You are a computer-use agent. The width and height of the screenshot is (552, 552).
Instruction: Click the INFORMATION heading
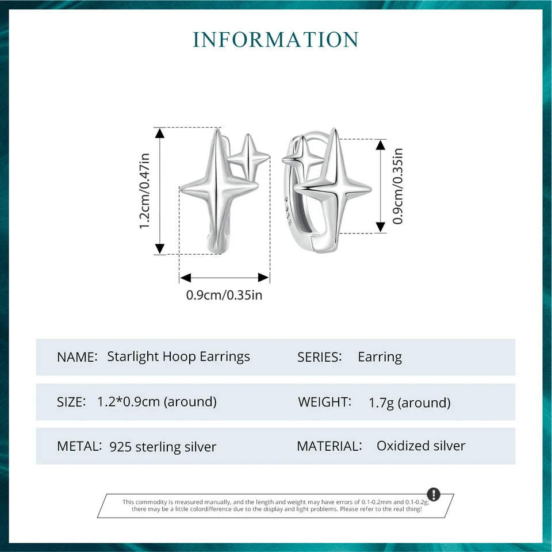275,40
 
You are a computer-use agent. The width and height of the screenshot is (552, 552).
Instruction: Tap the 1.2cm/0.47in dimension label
145,191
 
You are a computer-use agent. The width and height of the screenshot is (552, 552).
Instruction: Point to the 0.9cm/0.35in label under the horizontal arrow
224,295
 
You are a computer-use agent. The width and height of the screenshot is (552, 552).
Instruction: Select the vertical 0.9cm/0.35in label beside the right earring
397,186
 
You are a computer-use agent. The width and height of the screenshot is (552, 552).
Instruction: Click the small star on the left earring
248,156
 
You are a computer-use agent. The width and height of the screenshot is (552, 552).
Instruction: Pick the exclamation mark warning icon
434,494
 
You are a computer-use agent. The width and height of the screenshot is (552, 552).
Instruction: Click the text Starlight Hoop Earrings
178,356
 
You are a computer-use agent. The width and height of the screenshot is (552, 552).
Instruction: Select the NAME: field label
77,357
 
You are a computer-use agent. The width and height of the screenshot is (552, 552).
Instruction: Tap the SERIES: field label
320,357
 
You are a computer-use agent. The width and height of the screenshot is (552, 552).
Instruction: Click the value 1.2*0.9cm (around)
157,402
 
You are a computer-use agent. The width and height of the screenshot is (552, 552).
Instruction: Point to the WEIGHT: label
324,402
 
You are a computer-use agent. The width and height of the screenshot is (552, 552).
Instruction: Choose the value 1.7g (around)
409,402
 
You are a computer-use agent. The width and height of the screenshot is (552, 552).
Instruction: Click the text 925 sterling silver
163,447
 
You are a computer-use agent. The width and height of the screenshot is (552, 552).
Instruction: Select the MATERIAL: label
329,446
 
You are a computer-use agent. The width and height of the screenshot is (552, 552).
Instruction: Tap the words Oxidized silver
421,446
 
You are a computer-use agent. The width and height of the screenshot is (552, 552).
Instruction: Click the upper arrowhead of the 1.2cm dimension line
160,132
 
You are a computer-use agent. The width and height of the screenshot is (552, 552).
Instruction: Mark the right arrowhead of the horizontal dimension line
264,277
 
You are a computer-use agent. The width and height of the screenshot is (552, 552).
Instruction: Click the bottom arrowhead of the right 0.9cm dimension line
381,228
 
